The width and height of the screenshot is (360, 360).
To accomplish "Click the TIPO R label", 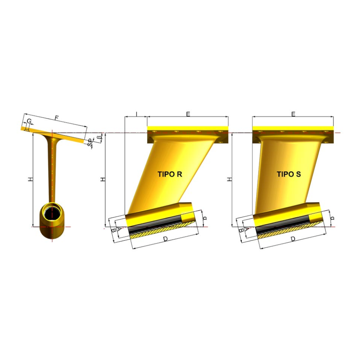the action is [170, 174].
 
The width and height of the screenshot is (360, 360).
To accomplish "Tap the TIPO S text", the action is [289, 174].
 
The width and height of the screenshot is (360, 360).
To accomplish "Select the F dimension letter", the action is [57, 118].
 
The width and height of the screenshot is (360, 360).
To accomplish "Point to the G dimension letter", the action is [29, 121].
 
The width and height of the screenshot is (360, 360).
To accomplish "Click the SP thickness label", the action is [90, 142].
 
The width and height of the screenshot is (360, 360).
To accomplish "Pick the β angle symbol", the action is [99, 138].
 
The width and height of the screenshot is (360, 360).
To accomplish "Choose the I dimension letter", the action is [136, 114].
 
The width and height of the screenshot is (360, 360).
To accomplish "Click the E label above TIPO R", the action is [188, 114].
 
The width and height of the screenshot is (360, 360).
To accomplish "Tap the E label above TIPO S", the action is [293, 114].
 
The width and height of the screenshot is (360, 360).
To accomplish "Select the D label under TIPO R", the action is [165, 239].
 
